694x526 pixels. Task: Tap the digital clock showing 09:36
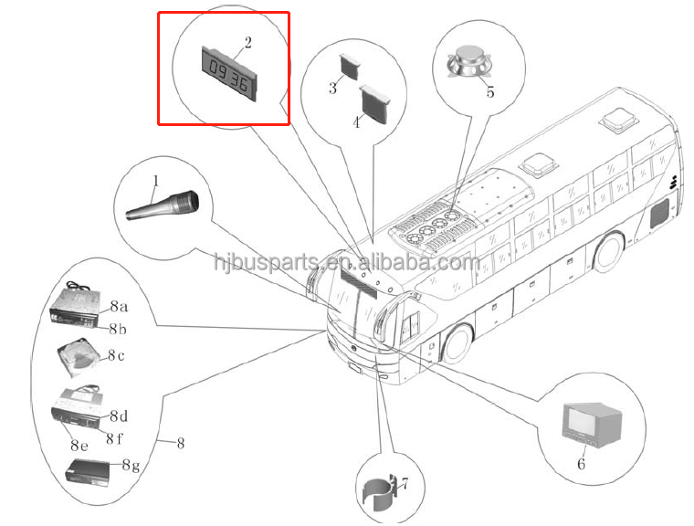[x=228, y=72]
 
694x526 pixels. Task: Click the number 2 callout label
[x=247, y=43]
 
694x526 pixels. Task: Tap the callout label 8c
[x=115, y=356]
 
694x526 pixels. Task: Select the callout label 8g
[x=131, y=467]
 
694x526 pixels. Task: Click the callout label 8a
[x=120, y=307]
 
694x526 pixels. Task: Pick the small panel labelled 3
[x=351, y=65]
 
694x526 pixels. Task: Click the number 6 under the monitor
[x=581, y=463]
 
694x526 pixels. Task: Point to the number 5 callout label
[x=490, y=92]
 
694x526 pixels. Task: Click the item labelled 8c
[x=79, y=355]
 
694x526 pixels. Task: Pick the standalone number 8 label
[x=180, y=444]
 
